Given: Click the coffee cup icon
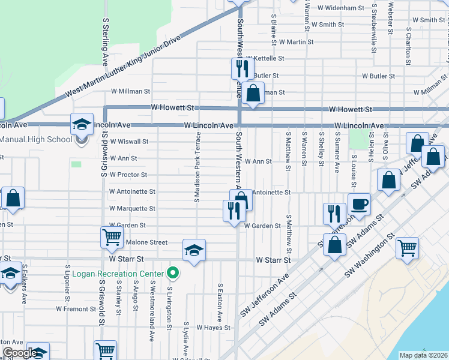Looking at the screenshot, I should (x=359, y=203).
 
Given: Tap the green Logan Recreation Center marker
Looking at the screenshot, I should (x=173, y=274).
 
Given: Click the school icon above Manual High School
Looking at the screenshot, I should (x=82, y=124).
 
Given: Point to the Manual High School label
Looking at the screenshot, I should (x=36, y=140).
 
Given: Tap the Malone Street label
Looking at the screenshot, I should (x=146, y=242).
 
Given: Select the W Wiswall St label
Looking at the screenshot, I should (x=128, y=142).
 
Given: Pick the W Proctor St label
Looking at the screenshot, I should (x=128, y=175).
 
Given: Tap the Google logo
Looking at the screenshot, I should (x=20, y=353).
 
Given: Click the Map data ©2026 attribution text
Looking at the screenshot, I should (x=423, y=355).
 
